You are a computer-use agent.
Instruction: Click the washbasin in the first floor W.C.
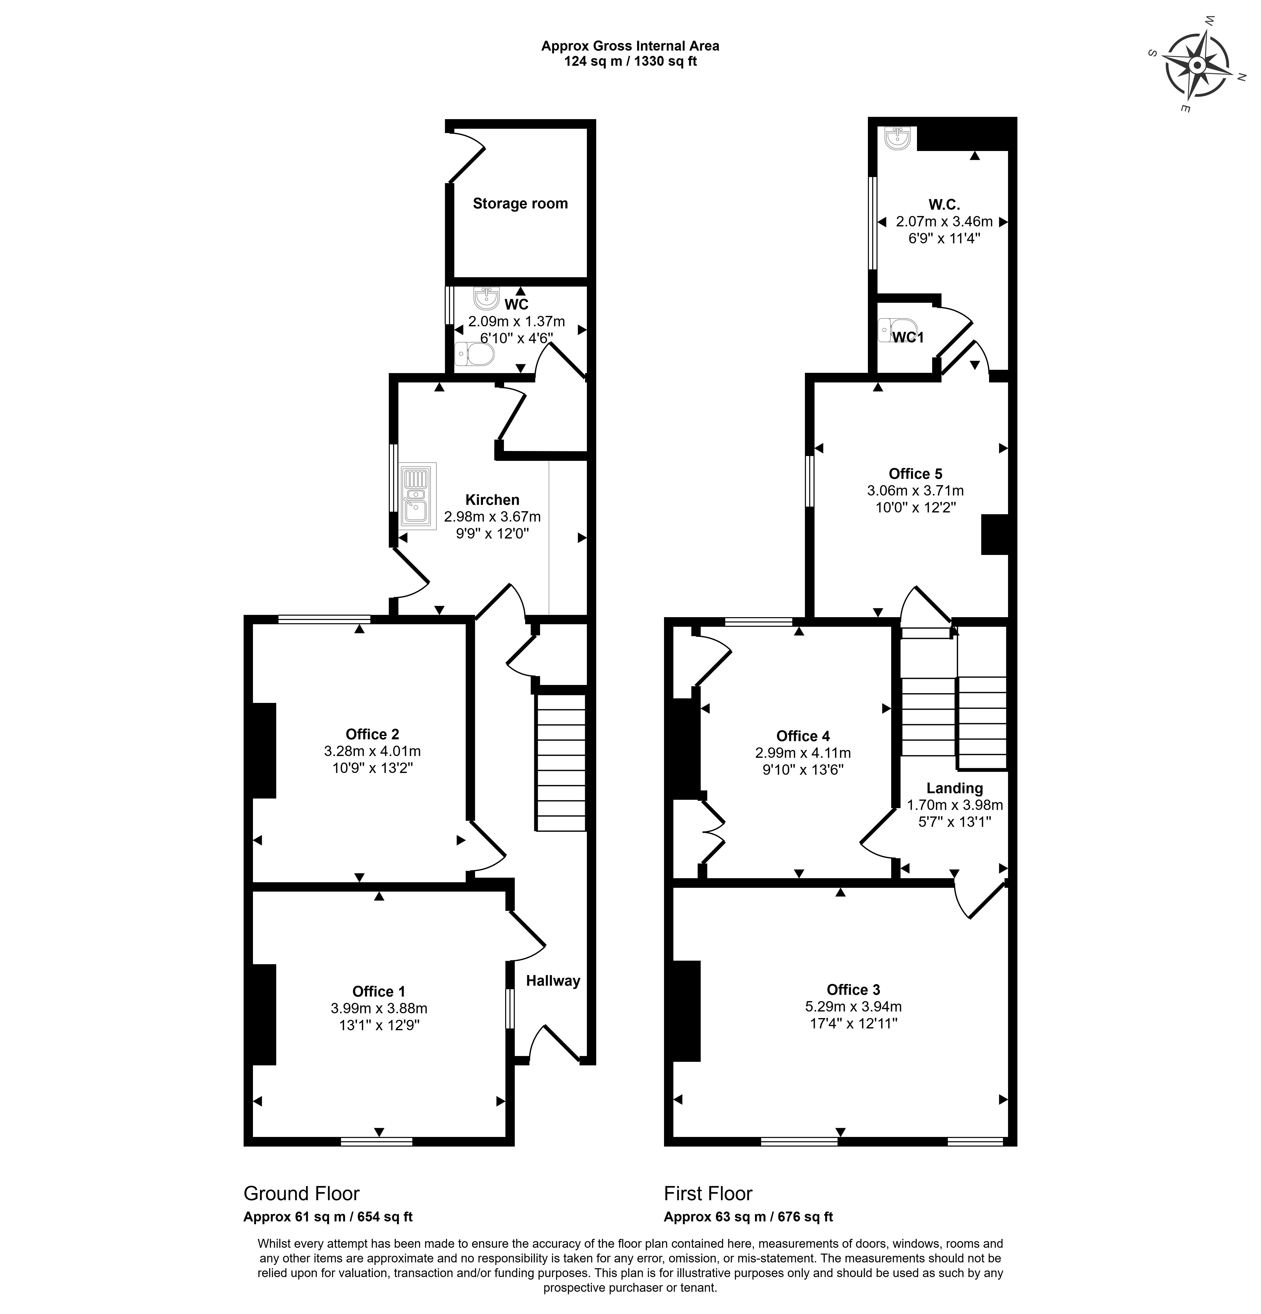click(x=896, y=138)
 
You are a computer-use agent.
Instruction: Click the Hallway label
click(x=553, y=981)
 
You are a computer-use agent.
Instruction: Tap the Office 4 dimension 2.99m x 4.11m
click(x=802, y=753)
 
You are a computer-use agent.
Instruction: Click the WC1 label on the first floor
click(x=908, y=337)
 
